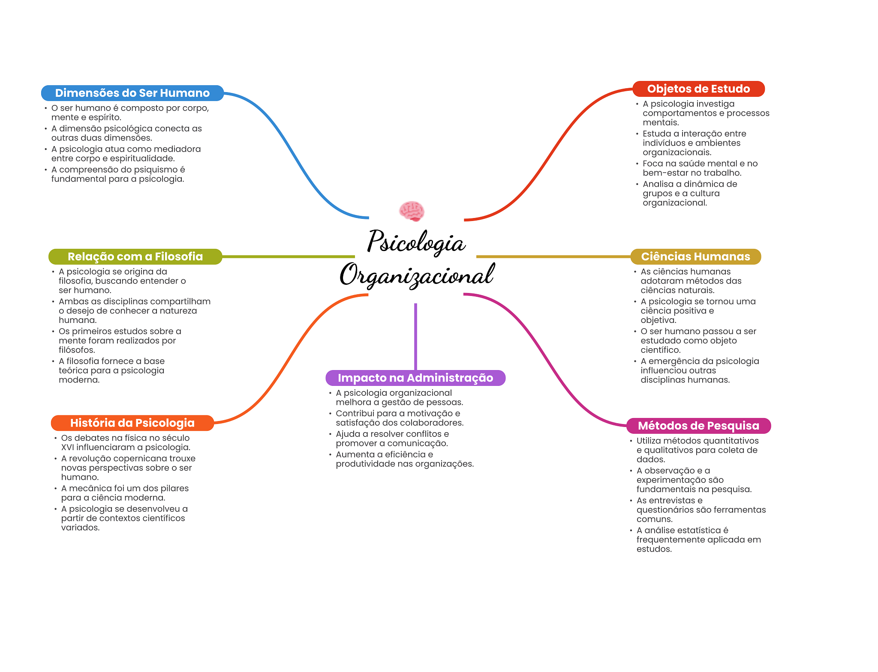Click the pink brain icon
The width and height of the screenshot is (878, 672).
(412, 211)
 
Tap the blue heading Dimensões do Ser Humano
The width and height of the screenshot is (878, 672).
(132, 93)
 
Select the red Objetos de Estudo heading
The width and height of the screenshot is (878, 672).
(698, 89)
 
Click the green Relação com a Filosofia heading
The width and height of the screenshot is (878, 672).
(135, 257)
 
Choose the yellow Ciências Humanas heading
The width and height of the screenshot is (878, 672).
(695, 257)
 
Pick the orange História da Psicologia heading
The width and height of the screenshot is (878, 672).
(132, 423)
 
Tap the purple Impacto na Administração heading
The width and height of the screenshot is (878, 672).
(415, 378)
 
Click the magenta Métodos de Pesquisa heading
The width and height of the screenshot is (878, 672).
(698, 426)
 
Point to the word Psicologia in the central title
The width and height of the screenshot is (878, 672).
(416, 242)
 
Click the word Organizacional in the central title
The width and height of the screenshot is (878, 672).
(417, 275)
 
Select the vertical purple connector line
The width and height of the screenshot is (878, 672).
(415, 336)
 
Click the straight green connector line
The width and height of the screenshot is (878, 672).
(288, 257)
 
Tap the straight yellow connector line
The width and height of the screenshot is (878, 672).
(553, 257)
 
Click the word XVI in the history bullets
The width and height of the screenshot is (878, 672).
(68, 448)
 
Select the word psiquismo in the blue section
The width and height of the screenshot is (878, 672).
(156, 170)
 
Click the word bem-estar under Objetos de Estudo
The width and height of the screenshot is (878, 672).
(665, 173)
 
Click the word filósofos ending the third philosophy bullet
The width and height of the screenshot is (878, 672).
(77, 350)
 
